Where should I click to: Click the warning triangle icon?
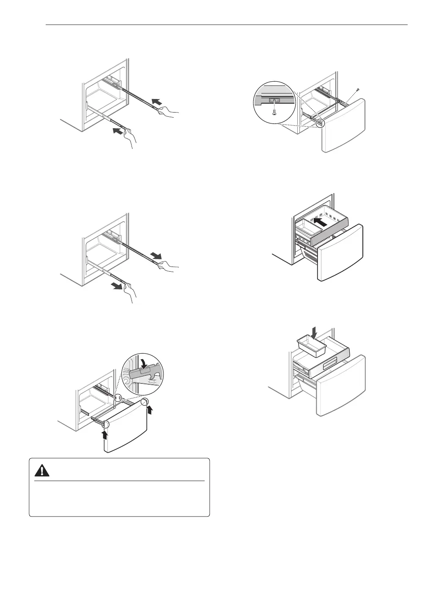coord(42,470)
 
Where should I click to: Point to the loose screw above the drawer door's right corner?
coord(358,90)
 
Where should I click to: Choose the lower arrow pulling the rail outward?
coord(116,286)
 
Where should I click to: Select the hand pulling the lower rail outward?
coord(131,292)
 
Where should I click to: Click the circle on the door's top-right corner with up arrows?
coord(144,401)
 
